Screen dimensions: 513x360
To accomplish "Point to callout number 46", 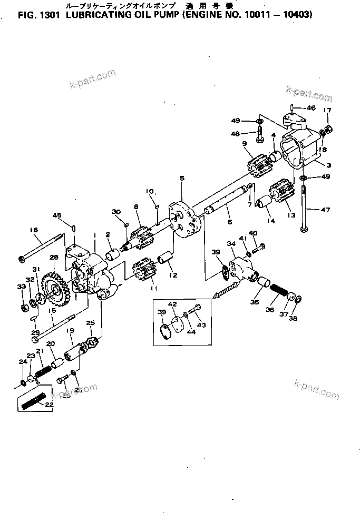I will pos(310,108).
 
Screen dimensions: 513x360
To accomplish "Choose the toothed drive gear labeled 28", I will pos(56,287).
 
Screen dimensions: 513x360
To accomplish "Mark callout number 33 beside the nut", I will pos(21,287).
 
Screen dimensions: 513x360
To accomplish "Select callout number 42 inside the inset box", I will pos(172,305).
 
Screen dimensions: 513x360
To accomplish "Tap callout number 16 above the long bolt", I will pos(34,230).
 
